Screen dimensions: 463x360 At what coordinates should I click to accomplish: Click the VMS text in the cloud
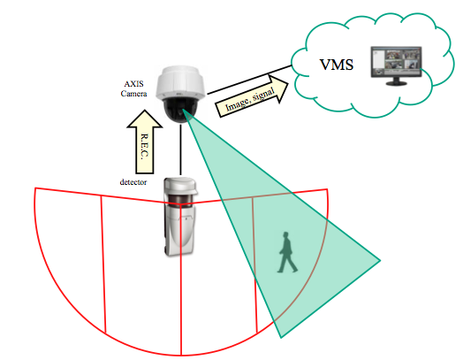click(337, 65)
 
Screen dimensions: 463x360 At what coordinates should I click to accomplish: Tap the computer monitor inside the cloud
click(396, 65)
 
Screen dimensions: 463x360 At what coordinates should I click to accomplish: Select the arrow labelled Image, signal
click(253, 96)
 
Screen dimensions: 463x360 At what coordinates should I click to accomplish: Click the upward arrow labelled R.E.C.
click(144, 142)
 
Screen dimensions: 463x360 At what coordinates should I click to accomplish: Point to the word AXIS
click(133, 84)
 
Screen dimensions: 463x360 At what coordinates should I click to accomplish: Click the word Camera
click(133, 94)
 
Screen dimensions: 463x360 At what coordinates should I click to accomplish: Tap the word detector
click(133, 182)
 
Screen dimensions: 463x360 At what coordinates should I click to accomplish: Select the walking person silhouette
click(287, 252)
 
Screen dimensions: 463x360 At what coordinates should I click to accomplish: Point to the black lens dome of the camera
click(180, 110)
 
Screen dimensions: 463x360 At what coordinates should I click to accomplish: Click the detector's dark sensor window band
click(180, 199)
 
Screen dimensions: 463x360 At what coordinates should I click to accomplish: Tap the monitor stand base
click(397, 83)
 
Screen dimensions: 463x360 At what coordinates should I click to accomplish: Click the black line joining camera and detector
click(180, 149)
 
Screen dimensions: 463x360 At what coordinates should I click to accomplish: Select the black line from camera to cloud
click(250, 80)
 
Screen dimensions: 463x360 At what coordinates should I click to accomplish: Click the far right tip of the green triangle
click(380, 260)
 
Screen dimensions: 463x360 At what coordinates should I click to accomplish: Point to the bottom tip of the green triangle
click(281, 338)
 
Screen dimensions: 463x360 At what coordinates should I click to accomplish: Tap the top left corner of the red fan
click(35, 188)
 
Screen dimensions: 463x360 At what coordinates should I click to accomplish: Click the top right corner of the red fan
click(327, 189)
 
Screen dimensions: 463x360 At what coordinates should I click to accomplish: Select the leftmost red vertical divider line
click(103, 264)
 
